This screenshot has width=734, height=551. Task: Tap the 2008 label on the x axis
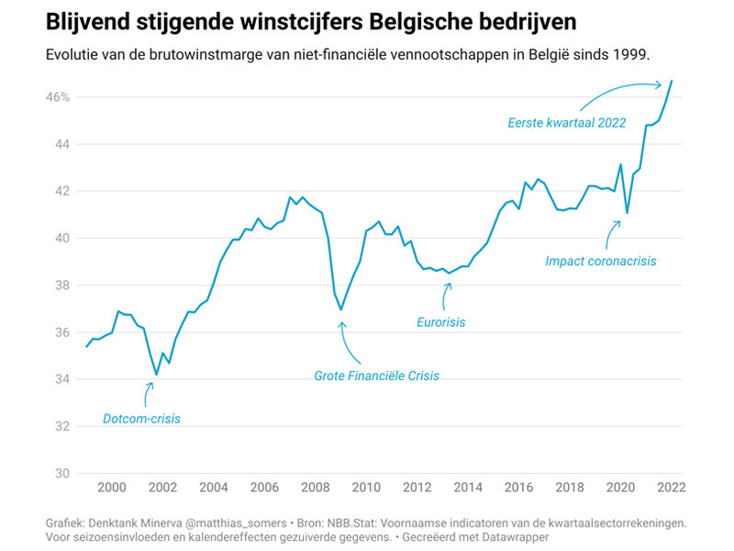tap(315, 488)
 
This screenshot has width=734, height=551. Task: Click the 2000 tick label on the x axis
tap(111, 488)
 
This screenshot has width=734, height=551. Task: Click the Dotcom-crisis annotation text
tap(141, 419)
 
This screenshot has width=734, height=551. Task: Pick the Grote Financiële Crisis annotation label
tap(376, 376)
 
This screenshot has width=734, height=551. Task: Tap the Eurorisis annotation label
tap(441, 322)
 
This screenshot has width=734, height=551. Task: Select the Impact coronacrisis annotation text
tap(601, 261)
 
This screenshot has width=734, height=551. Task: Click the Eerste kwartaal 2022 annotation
tap(567, 122)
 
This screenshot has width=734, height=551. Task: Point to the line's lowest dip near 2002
tap(156, 375)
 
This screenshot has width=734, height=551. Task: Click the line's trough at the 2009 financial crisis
tap(341, 309)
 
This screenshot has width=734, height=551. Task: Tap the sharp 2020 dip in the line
tap(627, 213)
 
